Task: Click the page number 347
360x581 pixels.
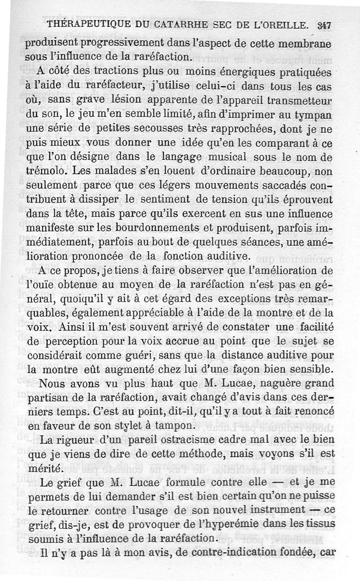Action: coord(324,26)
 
